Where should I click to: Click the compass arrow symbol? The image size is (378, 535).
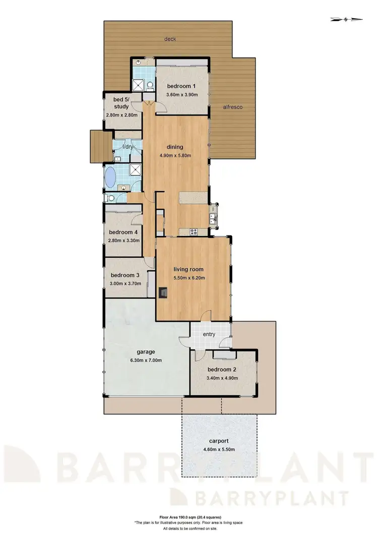[347, 20]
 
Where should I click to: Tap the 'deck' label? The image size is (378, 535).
[170, 39]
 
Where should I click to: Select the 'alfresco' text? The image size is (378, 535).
[233, 107]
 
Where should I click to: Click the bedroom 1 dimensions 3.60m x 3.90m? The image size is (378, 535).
[182, 94]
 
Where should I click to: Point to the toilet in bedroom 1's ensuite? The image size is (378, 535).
[150, 86]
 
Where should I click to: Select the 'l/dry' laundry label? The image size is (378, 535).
[128, 147]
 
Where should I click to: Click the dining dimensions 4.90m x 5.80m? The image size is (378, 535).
[175, 155]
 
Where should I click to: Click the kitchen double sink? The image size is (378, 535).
[213, 218]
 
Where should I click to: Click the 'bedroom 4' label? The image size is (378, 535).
[123, 232]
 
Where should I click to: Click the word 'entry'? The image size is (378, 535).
[209, 334]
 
